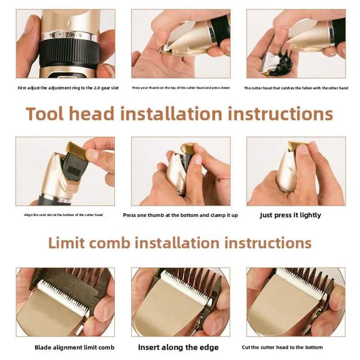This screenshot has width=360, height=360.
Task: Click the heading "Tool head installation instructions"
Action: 179,113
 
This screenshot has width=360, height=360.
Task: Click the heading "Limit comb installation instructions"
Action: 180,243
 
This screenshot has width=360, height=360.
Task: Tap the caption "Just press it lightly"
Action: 290,215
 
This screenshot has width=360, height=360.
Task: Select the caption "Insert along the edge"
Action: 178,347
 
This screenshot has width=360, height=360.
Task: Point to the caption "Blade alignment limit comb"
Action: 74,347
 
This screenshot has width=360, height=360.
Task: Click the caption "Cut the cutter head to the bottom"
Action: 282,347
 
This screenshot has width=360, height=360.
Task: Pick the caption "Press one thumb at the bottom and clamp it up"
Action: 180,215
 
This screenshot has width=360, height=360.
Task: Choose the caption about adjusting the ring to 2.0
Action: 68,88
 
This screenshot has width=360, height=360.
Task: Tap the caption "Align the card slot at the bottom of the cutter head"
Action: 63,215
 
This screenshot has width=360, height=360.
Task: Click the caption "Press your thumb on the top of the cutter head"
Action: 181,88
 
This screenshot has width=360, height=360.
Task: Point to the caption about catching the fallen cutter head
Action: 296,88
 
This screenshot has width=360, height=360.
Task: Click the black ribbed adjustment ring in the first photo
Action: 68,53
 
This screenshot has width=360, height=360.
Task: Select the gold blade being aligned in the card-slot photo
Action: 76,151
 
